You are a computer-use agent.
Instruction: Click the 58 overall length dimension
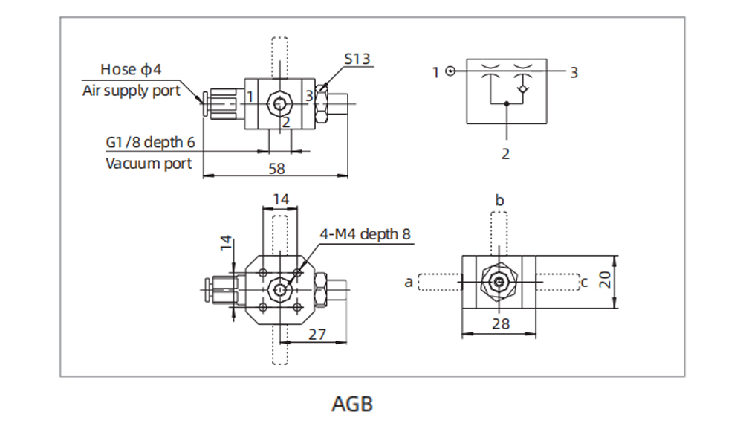[x=276, y=169]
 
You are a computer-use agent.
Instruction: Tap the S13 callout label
[x=357, y=58]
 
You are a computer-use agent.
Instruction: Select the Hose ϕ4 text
[x=131, y=70]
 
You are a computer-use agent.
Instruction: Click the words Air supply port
[x=131, y=91]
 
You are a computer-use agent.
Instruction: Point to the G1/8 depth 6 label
[x=151, y=142]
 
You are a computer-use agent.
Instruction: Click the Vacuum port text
[x=149, y=163]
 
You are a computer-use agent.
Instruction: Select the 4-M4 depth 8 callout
[x=365, y=233]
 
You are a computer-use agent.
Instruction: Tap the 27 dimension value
[x=317, y=334]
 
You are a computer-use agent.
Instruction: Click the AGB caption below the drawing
[x=352, y=404]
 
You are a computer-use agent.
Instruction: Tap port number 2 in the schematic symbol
[x=506, y=154]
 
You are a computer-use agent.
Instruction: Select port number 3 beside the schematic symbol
[x=574, y=72]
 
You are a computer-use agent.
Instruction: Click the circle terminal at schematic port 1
[x=450, y=71]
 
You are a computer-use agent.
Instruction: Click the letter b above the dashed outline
[x=499, y=200]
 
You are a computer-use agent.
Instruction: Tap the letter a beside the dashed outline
[x=408, y=282]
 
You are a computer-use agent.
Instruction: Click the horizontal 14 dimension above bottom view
[x=281, y=199]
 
